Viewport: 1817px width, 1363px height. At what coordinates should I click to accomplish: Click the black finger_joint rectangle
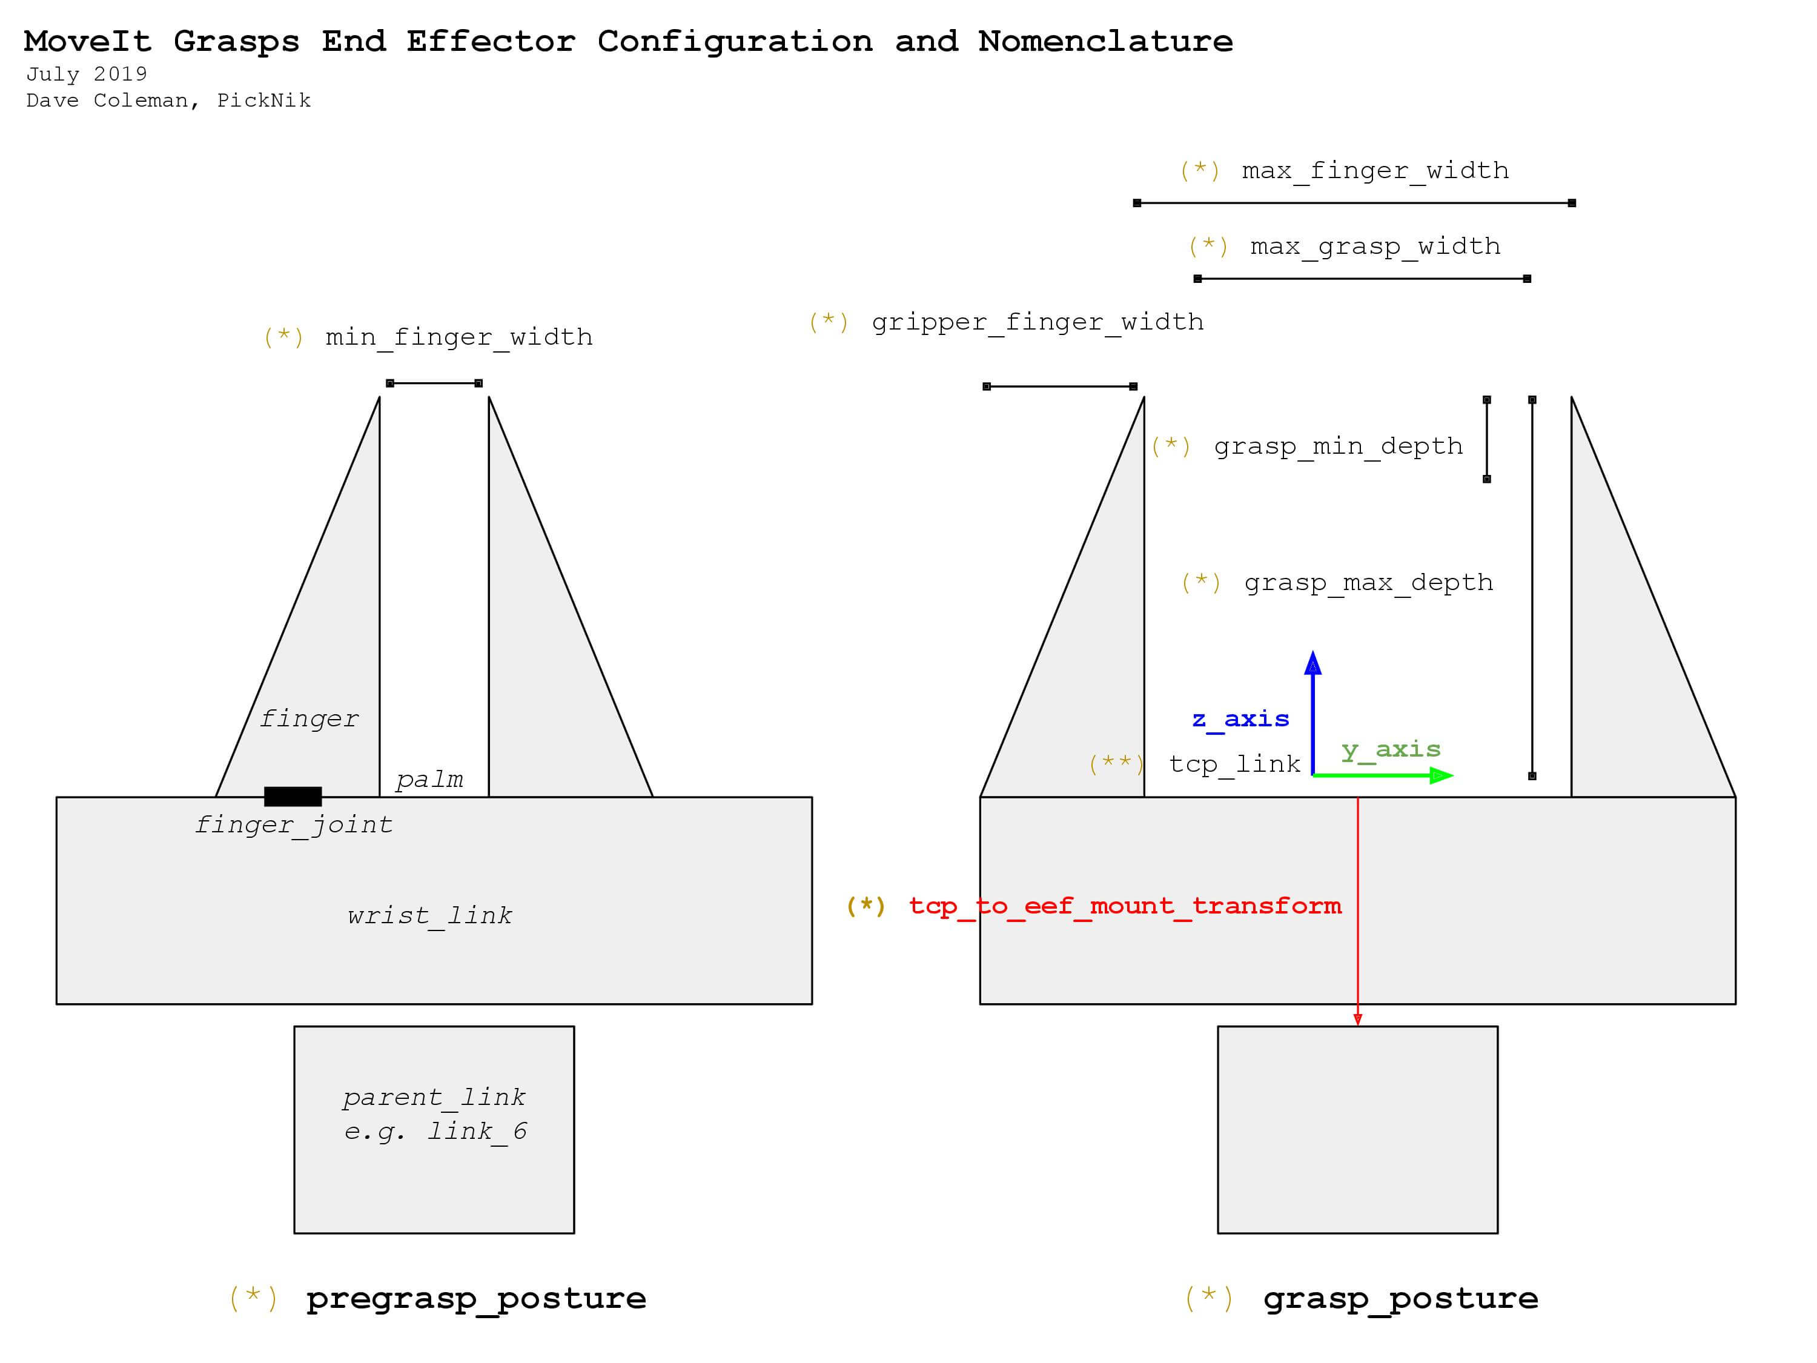click(x=293, y=796)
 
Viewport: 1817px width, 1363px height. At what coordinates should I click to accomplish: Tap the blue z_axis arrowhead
click(x=1312, y=663)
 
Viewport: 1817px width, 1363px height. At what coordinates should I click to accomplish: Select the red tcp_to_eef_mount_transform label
click(x=1125, y=906)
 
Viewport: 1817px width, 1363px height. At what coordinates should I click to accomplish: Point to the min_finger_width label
click(x=458, y=337)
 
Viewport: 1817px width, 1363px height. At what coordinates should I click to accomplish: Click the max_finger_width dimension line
click(x=1354, y=203)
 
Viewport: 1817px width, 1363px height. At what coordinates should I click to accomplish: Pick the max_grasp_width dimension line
click(x=1362, y=279)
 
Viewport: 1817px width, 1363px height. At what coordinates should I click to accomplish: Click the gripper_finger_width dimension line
click(x=1060, y=386)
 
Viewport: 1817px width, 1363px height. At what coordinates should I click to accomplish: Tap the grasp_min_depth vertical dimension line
click(x=1487, y=440)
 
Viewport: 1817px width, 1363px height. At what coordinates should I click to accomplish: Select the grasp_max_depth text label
click(x=1368, y=583)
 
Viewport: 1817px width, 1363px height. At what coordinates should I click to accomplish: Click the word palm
click(x=429, y=779)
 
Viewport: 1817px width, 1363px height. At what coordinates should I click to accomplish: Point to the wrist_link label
click(x=429, y=915)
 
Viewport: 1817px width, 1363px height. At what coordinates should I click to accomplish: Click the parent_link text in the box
click(x=434, y=1097)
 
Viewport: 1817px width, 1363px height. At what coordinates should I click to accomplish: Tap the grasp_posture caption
click(x=1400, y=1299)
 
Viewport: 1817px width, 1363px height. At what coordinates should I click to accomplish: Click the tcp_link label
click(x=1234, y=764)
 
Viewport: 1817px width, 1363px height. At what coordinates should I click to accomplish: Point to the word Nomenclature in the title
click(x=1105, y=42)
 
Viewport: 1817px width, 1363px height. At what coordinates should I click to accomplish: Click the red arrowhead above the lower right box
click(x=1358, y=1020)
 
